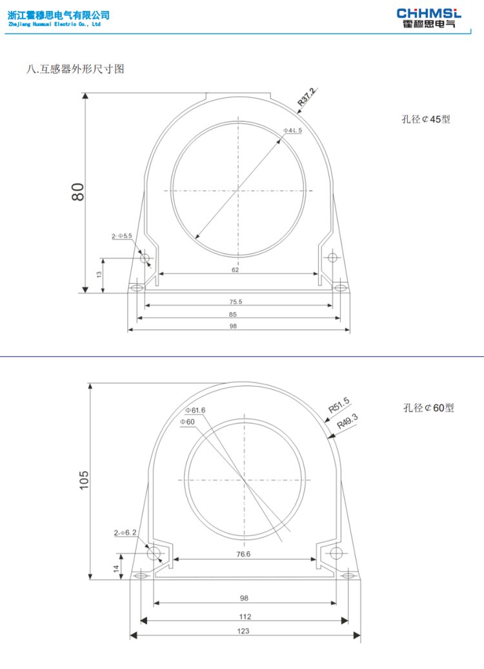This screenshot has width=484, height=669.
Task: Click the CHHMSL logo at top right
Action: tap(429, 18)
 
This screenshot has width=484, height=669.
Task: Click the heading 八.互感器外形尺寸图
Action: tap(75, 68)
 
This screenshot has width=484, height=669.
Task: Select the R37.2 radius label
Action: tap(307, 97)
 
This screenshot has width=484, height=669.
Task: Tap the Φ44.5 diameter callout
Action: tap(293, 130)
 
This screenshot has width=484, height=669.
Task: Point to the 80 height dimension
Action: tap(77, 192)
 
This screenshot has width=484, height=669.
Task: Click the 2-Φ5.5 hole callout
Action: tap(122, 236)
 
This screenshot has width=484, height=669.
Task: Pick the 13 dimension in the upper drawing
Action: tap(99, 274)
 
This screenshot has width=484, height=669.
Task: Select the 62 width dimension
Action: tap(235, 270)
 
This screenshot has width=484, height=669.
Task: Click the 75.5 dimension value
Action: tap(236, 302)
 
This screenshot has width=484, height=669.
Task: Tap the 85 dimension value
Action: tap(232, 314)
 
